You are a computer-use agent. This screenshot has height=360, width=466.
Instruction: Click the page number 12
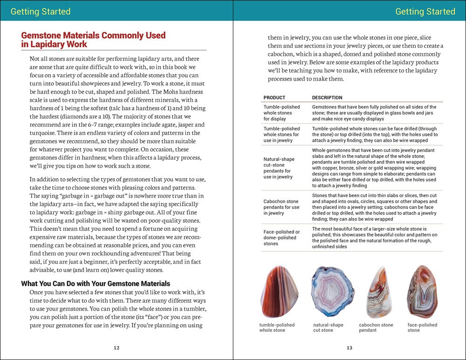tap(116, 347)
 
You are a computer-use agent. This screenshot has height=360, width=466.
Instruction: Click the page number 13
tap(349, 347)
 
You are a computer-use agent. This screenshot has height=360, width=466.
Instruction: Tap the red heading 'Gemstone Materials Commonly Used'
tap(93, 35)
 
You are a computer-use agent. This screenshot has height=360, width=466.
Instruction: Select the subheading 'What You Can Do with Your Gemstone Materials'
tap(96, 284)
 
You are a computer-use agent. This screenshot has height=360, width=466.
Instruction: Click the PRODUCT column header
tap(274, 98)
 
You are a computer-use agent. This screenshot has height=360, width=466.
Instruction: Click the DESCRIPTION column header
tap(327, 98)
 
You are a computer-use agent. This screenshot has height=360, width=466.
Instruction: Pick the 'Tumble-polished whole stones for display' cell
tap(282, 113)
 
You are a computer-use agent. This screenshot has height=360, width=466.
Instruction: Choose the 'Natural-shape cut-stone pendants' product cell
tap(279, 168)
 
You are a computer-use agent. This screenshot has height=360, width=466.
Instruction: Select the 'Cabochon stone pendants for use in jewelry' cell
tap(282, 207)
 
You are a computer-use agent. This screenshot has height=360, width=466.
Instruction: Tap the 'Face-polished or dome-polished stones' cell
tap(282, 238)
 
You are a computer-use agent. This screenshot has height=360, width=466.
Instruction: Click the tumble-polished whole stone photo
tap(279, 292)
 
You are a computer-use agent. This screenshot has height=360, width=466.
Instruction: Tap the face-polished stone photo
tap(422, 292)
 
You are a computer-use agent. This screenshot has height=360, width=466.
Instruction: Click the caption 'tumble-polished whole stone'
tap(277, 327)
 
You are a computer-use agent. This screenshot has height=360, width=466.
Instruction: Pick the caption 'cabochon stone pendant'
tap(376, 327)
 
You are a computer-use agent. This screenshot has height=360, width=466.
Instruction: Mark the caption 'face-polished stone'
tap(422, 327)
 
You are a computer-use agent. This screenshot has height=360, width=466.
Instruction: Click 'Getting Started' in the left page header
tap(41, 11)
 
